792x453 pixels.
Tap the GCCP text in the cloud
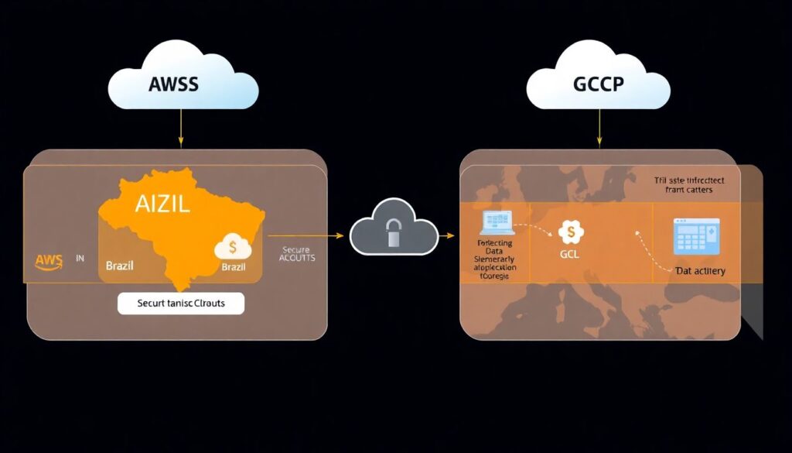click(598, 84)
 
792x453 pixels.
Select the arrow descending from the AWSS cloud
click(181, 128)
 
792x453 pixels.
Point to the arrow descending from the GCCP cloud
click(599, 128)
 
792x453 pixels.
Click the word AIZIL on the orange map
click(162, 204)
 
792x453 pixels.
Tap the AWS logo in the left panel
click(48, 260)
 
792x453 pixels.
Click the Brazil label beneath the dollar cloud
click(233, 266)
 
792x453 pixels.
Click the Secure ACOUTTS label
click(295, 253)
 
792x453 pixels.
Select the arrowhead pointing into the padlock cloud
click(340, 235)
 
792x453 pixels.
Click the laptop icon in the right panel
click(496, 223)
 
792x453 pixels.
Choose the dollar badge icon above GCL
click(571, 230)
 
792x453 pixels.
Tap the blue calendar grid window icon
click(696, 235)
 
